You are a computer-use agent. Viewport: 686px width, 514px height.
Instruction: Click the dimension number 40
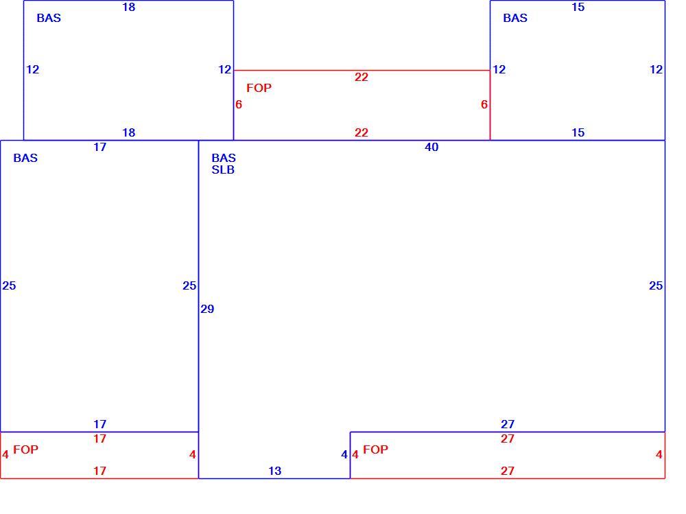click(431, 147)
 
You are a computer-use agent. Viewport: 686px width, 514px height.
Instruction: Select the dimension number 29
click(207, 309)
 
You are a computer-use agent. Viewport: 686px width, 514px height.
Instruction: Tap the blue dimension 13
click(275, 471)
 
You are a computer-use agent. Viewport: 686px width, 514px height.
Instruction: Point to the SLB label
click(223, 170)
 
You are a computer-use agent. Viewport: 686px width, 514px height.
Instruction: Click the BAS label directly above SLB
click(224, 158)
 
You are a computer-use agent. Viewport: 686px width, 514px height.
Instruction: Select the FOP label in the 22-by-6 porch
click(259, 88)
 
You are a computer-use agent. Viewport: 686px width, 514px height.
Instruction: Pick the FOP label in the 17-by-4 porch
click(26, 449)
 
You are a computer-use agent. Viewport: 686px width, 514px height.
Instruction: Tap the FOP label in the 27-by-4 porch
click(375, 449)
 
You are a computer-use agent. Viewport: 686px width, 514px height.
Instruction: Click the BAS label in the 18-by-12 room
click(49, 18)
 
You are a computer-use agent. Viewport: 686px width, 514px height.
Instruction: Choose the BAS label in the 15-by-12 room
click(515, 18)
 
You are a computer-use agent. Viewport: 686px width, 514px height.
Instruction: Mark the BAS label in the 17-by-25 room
click(25, 158)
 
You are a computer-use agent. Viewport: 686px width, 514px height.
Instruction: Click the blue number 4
click(344, 455)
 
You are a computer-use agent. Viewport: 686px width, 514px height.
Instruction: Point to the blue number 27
click(508, 424)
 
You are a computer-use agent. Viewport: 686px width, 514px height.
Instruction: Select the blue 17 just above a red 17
click(99, 424)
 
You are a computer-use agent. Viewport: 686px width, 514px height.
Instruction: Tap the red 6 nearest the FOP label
click(239, 104)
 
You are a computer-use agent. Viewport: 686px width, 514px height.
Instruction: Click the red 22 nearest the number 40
click(362, 132)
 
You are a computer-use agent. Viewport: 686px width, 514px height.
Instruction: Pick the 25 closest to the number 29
click(189, 286)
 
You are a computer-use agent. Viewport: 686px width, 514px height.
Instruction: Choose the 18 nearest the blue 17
click(129, 132)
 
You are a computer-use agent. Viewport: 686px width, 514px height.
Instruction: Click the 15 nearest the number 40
click(578, 132)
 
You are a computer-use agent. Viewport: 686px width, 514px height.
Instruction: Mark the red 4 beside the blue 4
click(355, 455)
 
